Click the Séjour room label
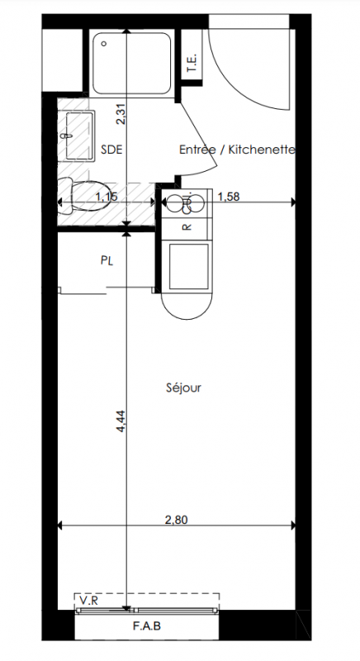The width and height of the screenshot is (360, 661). tap(183, 388)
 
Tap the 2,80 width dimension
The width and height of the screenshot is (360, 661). tap(177, 520)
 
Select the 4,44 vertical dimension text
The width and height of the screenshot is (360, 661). tap(121, 421)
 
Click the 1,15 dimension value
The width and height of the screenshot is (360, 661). tap(107, 197)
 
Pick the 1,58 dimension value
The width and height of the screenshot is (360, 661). tap(229, 197)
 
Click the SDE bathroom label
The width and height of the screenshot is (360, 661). tap(111, 150)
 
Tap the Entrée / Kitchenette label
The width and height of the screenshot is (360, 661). tap(237, 150)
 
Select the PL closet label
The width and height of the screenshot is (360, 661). tap(107, 261)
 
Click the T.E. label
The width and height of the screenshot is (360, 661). tap(192, 64)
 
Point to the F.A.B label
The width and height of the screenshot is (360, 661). tap(147, 626)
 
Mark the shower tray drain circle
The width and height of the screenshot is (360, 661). tap(104, 44)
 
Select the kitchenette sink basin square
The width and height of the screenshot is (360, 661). tap(188, 266)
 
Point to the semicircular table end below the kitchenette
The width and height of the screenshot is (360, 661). tap(187, 306)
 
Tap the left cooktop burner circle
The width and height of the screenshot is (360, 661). tap(173, 204)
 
